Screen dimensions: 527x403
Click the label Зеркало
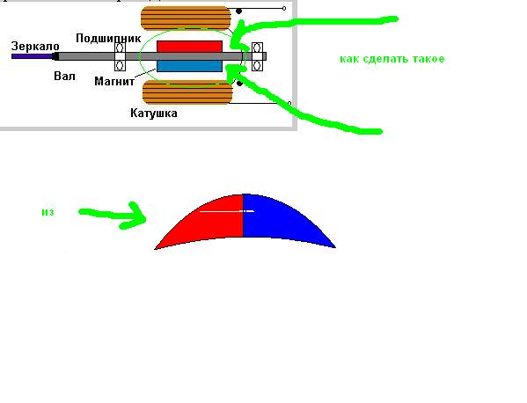[35, 46]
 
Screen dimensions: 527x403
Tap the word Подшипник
[108, 38]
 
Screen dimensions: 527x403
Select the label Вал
[64, 76]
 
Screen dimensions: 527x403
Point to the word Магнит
[114, 81]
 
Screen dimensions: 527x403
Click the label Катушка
[154, 113]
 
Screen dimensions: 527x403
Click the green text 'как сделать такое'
[392, 59]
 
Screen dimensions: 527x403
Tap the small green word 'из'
[48, 212]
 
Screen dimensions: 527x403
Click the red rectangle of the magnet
[189, 47]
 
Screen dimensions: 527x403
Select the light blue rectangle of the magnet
[189, 66]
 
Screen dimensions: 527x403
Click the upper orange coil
[186, 18]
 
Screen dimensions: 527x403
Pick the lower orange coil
[187, 92]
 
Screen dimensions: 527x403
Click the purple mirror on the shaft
[33, 56]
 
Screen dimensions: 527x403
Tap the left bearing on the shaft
[120, 56]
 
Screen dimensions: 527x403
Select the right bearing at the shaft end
[257, 56]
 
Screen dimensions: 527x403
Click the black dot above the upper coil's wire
[239, 11]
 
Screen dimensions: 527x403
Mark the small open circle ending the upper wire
[284, 8]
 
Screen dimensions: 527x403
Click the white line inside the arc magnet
[227, 211]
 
